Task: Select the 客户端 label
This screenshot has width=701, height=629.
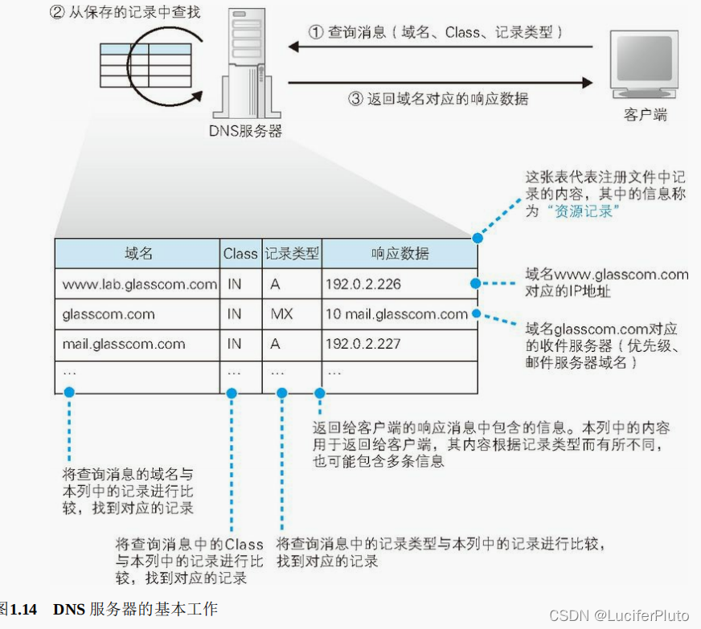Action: [x=646, y=115]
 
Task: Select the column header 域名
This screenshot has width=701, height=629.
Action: [x=138, y=253]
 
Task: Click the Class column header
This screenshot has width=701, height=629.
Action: [x=240, y=253]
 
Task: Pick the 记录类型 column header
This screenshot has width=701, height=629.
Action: [x=292, y=253]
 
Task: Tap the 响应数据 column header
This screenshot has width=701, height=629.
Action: [x=400, y=253]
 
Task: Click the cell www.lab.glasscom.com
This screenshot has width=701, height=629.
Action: [x=139, y=284]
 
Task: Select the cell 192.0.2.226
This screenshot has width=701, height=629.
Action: [x=363, y=284]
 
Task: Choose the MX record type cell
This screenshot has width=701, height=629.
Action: [x=281, y=314]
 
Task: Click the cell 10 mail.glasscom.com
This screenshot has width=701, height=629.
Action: [x=396, y=314]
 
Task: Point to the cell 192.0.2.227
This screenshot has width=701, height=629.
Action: [x=363, y=345]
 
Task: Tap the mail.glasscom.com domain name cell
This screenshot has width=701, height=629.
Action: [x=124, y=345]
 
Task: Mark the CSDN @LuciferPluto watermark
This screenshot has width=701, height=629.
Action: [x=619, y=615]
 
